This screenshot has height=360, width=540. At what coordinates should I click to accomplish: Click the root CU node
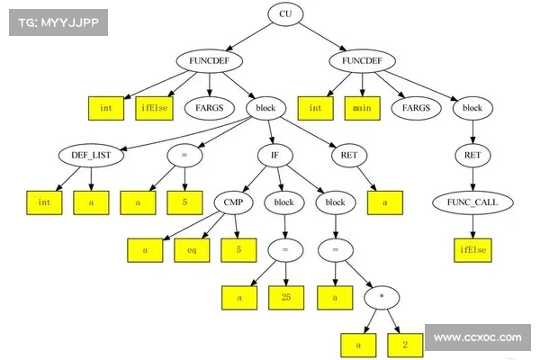[284, 14]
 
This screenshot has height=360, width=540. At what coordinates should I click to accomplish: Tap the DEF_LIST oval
[92, 154]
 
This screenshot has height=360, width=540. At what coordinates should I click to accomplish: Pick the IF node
[274, 154]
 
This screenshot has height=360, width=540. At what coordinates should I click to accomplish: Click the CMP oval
[234, 202]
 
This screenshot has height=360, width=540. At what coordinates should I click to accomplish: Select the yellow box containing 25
[285, 295]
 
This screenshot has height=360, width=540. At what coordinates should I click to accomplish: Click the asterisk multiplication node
[383, 295]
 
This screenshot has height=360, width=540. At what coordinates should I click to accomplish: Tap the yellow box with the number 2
[405, 343]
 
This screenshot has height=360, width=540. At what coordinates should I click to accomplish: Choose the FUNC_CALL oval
[472, 202]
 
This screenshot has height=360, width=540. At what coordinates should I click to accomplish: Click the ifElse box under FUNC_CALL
[472, 248]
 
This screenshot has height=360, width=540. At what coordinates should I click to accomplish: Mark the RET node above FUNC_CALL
[472, 155]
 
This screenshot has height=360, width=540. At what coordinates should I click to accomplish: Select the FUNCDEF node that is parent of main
[363, 61]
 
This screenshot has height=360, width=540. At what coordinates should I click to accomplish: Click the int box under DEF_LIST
[43, 202]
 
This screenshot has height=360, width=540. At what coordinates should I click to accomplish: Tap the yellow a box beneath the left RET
[385, 202]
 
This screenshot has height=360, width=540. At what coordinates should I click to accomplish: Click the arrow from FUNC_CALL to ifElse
[472, 225]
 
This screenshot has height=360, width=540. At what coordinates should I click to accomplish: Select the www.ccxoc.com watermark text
[477, 338]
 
